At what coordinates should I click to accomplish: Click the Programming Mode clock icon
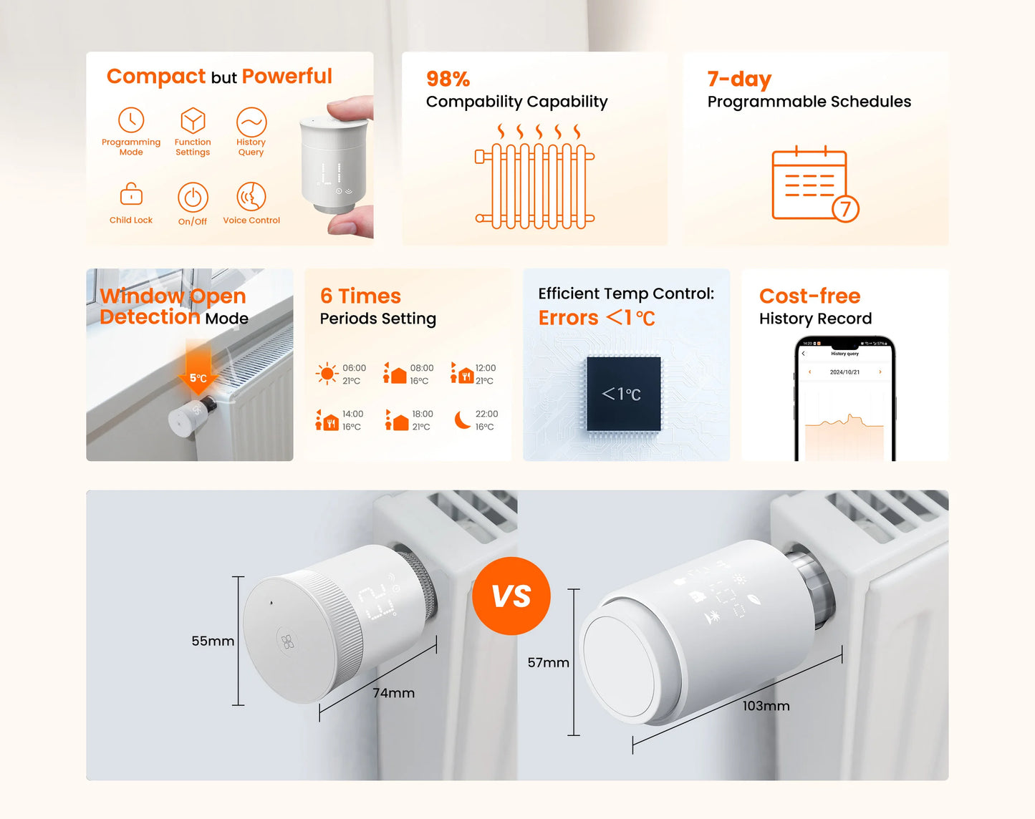tap(131, 120)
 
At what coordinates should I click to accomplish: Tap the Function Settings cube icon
tap(193, 120)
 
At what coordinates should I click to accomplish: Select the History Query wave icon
tap(251, 122)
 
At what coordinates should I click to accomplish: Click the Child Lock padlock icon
tap(131, 194)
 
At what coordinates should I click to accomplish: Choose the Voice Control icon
tap(251, 196)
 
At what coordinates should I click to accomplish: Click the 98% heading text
tap(448, 79)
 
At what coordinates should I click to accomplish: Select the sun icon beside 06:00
tap(327, 374)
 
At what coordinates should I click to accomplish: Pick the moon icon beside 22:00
tap(463, 420)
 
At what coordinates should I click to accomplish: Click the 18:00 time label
tap(423, 414)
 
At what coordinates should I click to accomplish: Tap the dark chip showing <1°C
tap(623, 394)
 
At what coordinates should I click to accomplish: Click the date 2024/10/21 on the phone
tap(844, 372)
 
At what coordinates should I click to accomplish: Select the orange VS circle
tap(511, 596)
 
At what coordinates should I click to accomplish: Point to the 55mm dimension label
tap(213, 641)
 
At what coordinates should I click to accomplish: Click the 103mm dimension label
tap(766, 706)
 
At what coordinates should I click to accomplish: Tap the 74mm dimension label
tap(393, 693)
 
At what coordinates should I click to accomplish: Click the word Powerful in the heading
tap(287, 76)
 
